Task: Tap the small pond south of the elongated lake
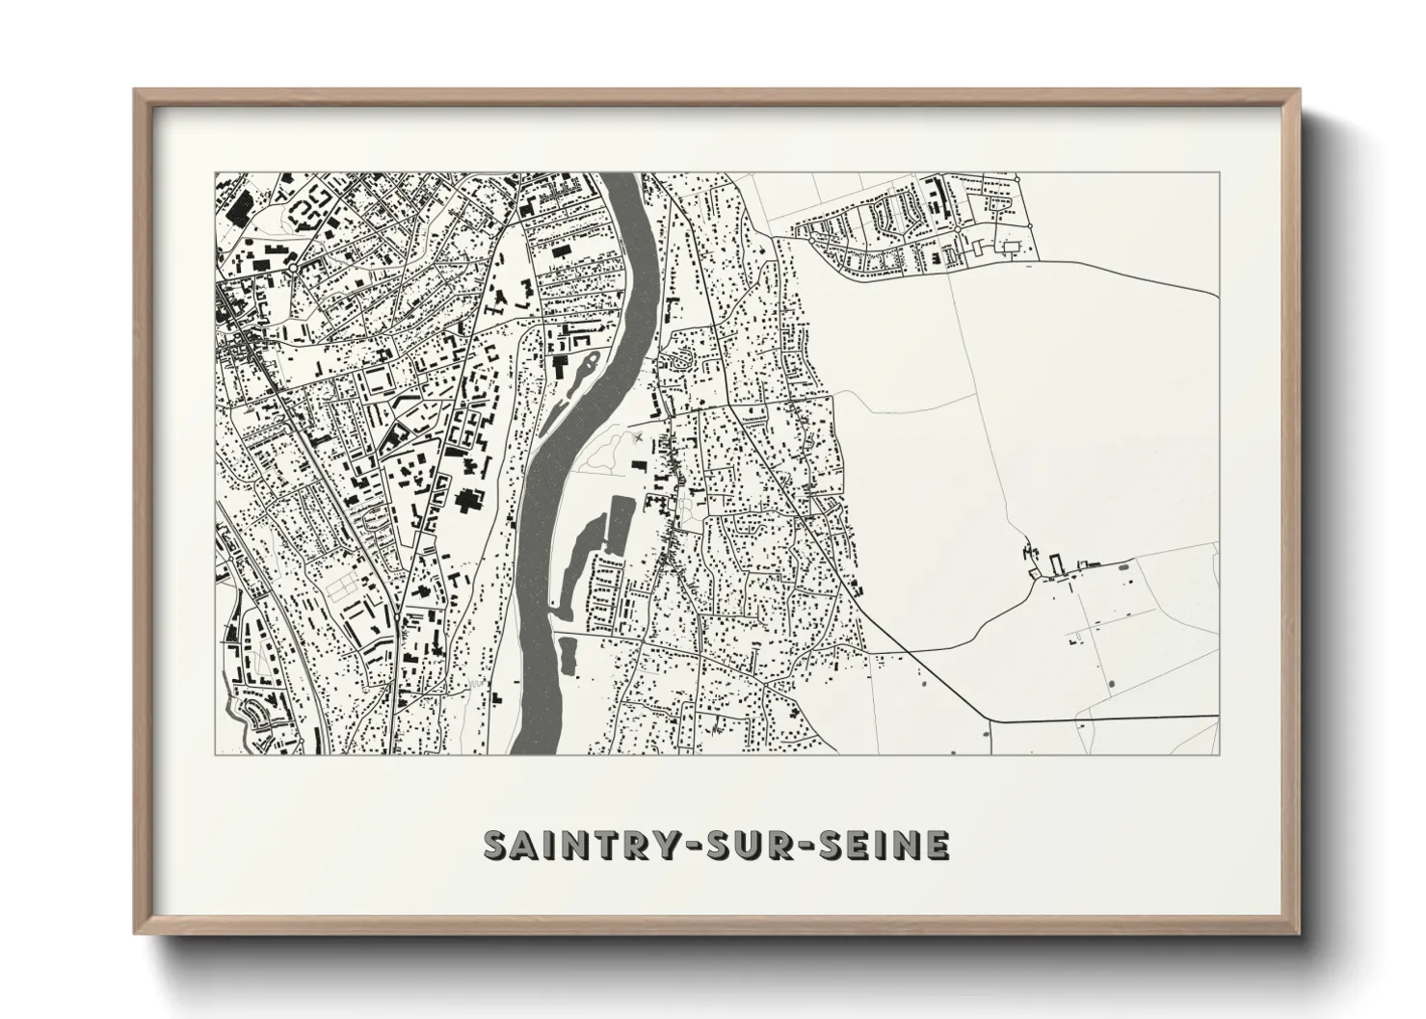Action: [566, 655]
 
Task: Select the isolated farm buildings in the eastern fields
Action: [1055, 565]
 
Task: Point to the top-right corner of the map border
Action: [1219, 173]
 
